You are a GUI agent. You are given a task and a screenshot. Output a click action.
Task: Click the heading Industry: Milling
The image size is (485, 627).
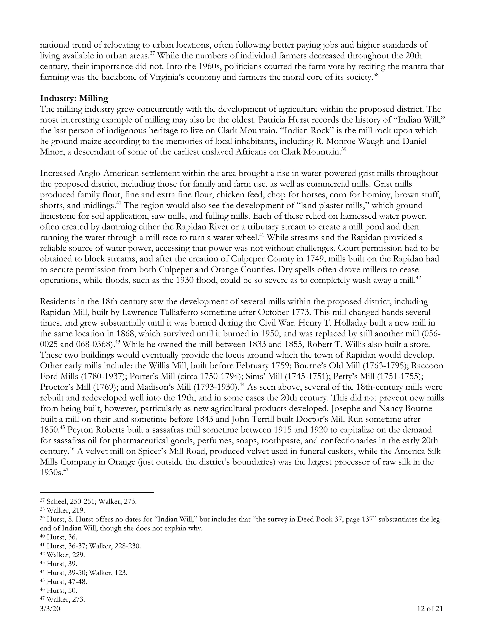point(74,98)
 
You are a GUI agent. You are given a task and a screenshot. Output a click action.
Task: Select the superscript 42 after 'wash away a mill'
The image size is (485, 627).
point(418,278)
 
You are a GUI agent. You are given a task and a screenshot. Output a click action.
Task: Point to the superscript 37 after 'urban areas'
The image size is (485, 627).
point(152,54)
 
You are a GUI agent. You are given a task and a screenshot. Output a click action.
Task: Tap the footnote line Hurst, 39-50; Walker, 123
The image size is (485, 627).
point(86,573)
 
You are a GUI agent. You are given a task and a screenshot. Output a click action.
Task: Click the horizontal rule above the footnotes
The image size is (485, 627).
point(97,493)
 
